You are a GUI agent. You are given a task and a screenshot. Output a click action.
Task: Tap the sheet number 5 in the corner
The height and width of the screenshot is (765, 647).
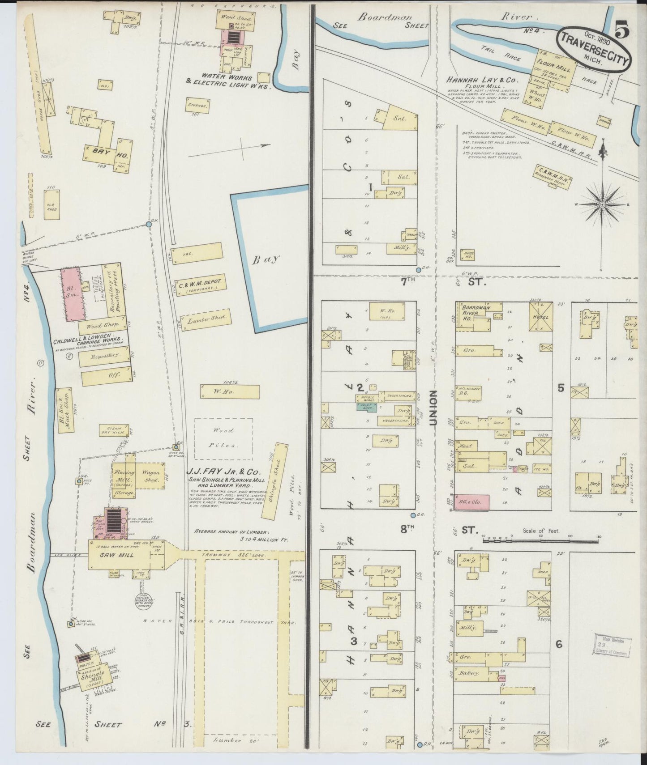(x=623, y=30)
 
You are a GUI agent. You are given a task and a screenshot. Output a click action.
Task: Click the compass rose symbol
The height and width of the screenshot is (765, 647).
(x=602, y=204)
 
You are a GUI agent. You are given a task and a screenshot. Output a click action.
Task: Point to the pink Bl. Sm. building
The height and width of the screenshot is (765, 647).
(x=71, y=294)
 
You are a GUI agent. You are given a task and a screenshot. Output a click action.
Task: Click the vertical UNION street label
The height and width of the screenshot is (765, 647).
(x=433, y=407)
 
